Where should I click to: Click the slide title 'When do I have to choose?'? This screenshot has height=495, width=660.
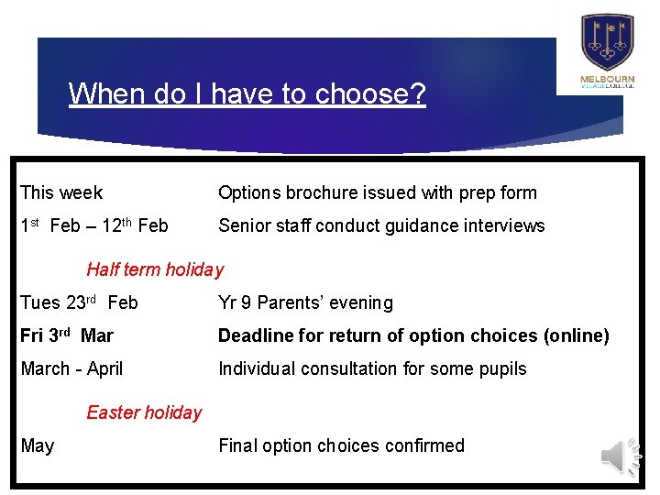click(x=247, y=93)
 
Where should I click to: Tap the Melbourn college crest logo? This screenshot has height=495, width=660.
click(x=607, y=42)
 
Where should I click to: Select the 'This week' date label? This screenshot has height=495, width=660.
click(x=61, y=192)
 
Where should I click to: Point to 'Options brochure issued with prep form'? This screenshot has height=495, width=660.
click(x=377, y=192)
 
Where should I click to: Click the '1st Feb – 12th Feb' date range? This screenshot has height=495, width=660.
click(x=94, y=225)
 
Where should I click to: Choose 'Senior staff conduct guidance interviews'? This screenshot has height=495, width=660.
click(x=381, y=225)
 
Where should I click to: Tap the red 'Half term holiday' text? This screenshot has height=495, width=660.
click(x=155, y=269)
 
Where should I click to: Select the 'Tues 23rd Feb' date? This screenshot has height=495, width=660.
click(x=79, y=302)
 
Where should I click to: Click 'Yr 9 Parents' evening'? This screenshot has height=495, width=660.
click(x=305, y=302)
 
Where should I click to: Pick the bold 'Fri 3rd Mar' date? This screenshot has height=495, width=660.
click(x=67, y=335)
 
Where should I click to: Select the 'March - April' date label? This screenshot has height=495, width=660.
click(x=71, y=368)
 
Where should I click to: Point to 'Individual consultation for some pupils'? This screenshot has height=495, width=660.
click(x=372, y=368)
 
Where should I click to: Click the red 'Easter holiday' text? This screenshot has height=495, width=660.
click(x=144, y=412)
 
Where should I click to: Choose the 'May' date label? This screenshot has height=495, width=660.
click(x=38, y=445)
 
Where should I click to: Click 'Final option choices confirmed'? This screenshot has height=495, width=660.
click(x=341, y=445)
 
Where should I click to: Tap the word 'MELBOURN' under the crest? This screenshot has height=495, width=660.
click(x=607, y=80)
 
